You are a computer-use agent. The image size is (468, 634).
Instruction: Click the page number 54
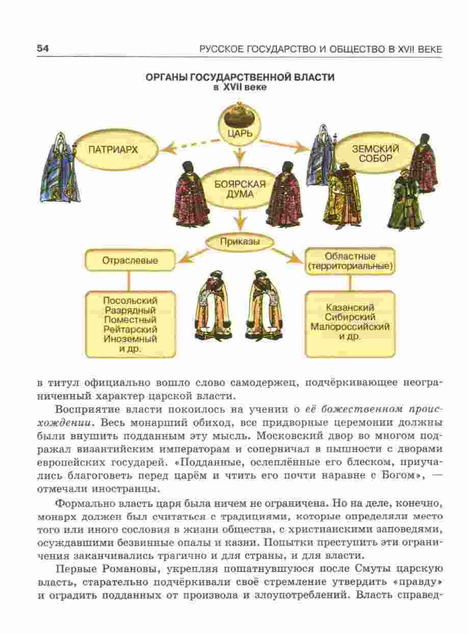(x=42, y=48)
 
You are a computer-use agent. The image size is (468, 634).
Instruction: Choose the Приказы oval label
(x=239, y=241)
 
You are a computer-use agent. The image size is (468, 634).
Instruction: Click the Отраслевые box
(x=129, y=260)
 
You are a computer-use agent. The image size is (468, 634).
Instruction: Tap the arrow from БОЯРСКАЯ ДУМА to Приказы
(x=239, y=220)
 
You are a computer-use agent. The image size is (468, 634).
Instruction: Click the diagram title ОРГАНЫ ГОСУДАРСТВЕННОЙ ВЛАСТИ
(x=239, y=78)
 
